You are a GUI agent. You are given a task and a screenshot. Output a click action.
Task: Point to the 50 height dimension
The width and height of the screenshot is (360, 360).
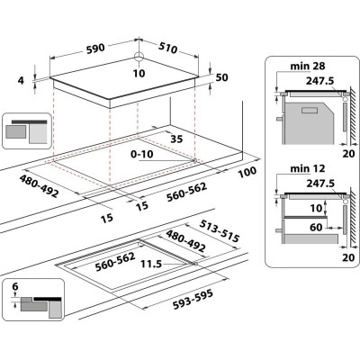point(221,78)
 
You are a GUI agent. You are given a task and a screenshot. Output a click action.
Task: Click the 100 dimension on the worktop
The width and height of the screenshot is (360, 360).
point(247,172)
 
